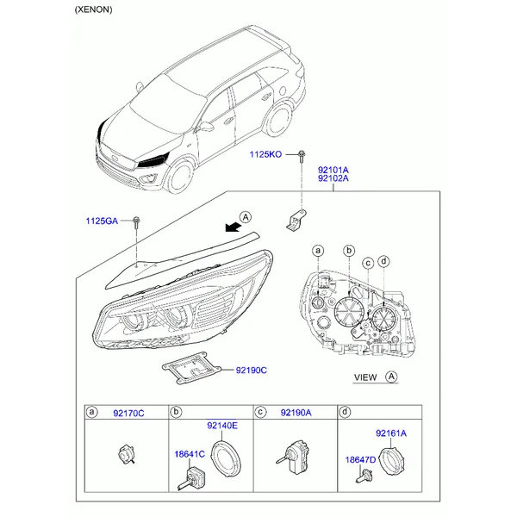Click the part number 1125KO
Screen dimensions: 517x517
tap(265, 154)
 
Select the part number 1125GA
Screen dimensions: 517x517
tap(102, 221)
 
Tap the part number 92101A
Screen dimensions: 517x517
tap(333, 170)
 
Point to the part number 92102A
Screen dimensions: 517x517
tap(333, 178)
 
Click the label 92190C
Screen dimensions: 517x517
tap(252, 371)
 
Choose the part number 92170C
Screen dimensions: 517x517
tap(128, 413)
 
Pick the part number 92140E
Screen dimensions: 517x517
tap(222, 426)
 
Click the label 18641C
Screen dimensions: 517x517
tap(190, 454)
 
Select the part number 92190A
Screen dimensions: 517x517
tap(296, 413)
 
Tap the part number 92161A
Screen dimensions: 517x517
tap(391, 433)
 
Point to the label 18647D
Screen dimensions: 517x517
tap(360, 459)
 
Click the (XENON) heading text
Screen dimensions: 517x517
tap(93, 9)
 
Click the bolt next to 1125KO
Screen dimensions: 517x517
tap(301, 156)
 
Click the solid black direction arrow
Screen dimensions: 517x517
tap(234, 227)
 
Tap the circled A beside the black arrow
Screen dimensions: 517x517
tap(246, 217)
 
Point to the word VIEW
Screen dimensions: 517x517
tap(365, 377)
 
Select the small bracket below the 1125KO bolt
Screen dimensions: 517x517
tap(296, 220)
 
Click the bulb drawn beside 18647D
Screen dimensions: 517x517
tap(364, 477)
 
